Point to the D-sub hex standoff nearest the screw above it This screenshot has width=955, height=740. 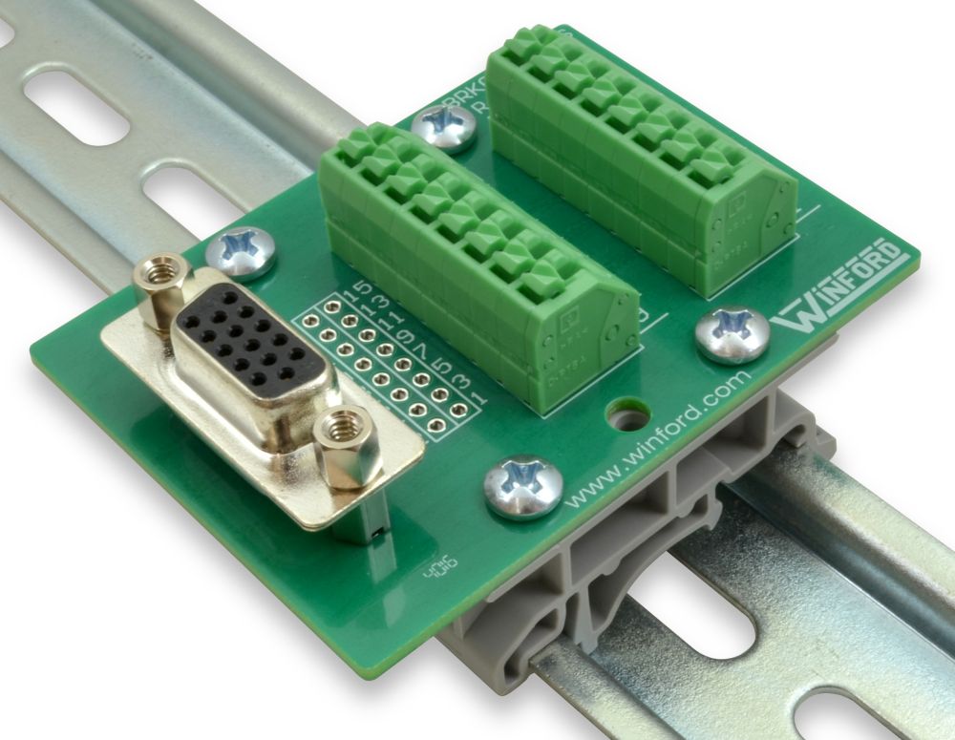(x=159, y=287)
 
